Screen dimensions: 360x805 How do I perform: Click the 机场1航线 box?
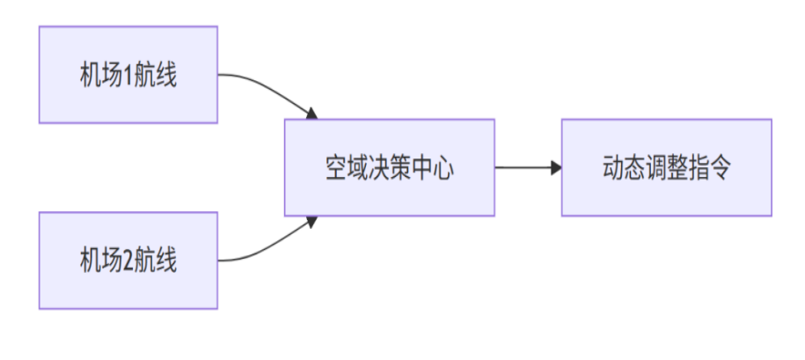click(x=128, y=75)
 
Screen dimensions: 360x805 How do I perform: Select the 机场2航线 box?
click(x=128, y=261)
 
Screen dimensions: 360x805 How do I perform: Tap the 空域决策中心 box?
click(x=389, y=167)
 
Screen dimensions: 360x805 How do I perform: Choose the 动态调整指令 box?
click(x=666, y=167)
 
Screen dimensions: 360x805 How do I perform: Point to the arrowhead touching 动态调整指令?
click(x=556, y=167)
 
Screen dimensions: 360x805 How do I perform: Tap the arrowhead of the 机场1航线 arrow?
click(x=311, y=114)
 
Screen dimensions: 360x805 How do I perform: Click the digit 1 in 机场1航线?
click(x=127, y=76)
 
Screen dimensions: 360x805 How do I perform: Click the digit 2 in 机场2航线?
click(x=127, y=261)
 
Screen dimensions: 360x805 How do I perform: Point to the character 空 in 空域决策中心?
click(x=336, y=168)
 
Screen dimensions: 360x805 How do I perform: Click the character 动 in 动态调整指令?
click(x=613, y=168)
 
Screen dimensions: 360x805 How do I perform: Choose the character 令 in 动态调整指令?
click(x=719, y=168)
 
